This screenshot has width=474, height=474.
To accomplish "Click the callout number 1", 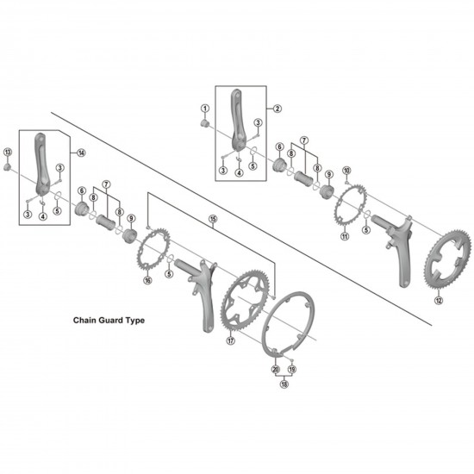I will (205, 109).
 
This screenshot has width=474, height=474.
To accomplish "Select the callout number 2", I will (278, 109).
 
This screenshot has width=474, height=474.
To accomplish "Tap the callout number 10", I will (346, 171).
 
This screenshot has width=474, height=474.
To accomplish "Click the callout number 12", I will (439, 301).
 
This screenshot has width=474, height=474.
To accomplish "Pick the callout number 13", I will (8, 153).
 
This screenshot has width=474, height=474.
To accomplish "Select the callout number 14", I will (81, 153).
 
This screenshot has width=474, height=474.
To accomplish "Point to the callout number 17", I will (230, 340).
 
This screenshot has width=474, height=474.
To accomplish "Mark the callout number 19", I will (292, 368).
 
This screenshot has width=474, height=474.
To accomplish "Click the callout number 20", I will (275, 368).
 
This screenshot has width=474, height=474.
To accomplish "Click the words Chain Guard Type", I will (108, 319).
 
